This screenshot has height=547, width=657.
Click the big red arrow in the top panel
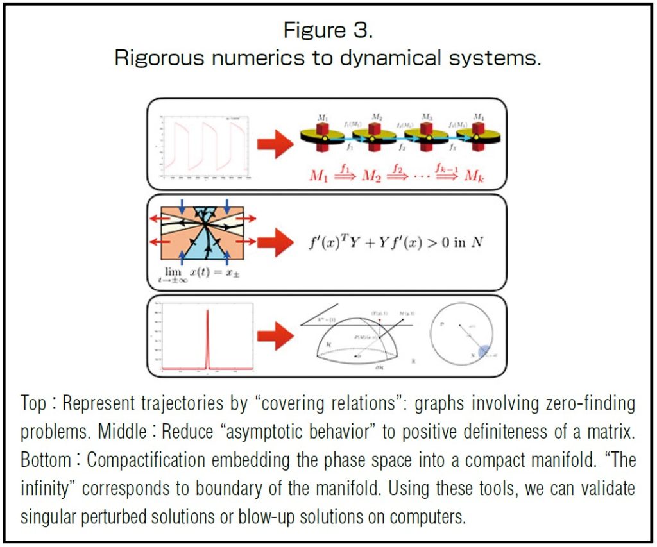click(274, 143)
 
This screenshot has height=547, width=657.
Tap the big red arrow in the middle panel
click(274, 242)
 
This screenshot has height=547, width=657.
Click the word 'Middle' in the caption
click(121, 432)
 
